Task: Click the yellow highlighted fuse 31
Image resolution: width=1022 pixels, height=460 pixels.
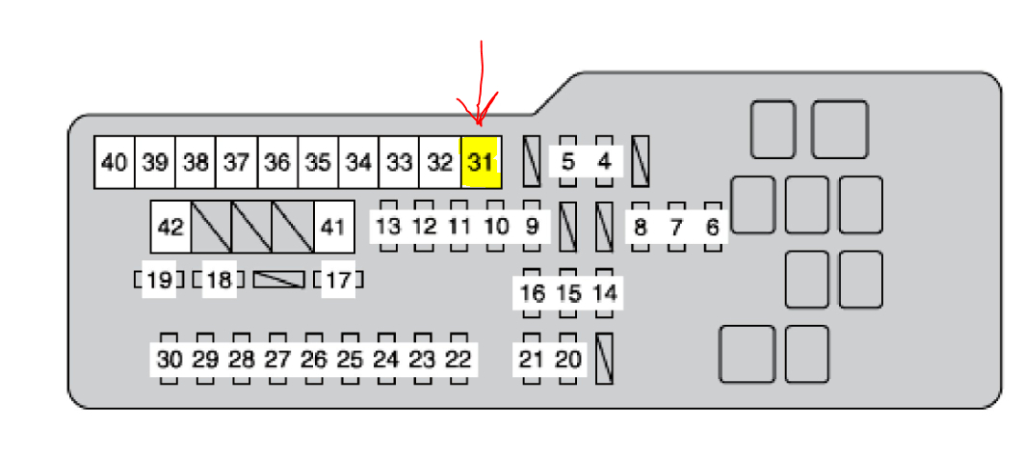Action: pos(481,162)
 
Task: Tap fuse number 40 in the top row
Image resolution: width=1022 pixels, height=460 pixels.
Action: pos(114,162)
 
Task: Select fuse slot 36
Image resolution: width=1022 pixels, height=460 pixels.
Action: pos(276,162)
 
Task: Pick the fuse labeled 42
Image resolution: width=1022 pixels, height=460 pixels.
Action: pos(170,228)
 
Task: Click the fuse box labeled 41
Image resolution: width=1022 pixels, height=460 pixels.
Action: pos(332,228)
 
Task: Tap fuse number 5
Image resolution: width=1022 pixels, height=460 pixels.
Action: pos(568,161)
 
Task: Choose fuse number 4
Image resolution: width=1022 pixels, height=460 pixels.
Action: pos(605,161)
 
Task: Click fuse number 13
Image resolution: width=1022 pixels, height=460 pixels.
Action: pos(388,227)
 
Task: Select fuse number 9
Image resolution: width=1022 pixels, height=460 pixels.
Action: pos(531,227)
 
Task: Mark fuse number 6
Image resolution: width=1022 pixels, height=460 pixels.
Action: pos(713,228)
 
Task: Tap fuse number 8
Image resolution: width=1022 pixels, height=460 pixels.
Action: pos(640,228)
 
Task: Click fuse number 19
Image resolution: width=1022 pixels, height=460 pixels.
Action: pos(160,281)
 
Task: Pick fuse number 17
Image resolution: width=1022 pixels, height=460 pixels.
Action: pos(338,281)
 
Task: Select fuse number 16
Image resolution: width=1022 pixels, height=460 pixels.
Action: pos(532,292)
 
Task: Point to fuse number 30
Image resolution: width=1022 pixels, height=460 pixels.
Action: pos(169,360)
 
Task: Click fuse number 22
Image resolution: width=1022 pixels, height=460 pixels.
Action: pos(459,360)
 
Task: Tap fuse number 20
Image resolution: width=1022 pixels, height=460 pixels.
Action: pos(569,360)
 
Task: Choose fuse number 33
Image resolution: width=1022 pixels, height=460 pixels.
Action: pos(399,162)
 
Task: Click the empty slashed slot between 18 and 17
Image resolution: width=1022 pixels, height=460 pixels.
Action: pos(278,280)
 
